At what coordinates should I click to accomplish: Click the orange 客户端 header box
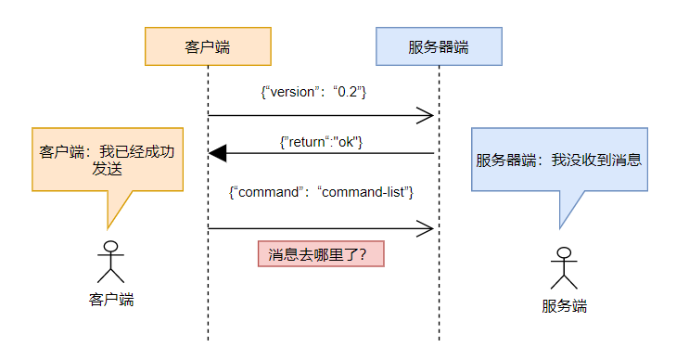(x=208, y=46)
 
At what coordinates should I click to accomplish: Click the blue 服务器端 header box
(x=439, y=46)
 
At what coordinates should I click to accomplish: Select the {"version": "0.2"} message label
(x=314, y=93)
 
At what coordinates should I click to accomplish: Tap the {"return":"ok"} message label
(x=320, y=141)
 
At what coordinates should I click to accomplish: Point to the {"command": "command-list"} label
(x=321, y=191)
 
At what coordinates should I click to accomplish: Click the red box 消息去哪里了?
(x=320, y=253)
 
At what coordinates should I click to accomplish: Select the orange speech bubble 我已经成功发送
(x=106, y=160)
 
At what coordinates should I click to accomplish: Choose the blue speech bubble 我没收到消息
(x=558, y=160)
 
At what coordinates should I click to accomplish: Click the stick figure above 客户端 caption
(x=111, y=262)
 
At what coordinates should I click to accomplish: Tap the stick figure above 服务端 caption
(x=564, y=268)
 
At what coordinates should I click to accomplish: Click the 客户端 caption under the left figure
(x=111, y=299)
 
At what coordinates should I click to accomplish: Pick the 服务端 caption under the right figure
(x=564, y=306)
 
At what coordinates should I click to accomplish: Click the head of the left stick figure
(x=111, y=247)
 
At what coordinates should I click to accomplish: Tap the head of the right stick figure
(x=564, y=253)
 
